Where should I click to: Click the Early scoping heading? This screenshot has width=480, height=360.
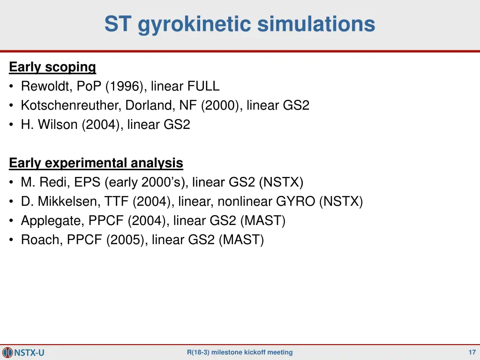pyautogui.click(x=52, y=67)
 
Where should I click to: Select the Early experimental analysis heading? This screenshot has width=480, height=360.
pyautogui.click(x=96, y=163)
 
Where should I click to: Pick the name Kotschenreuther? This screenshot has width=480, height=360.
pyautogui.click(x=71, y=105)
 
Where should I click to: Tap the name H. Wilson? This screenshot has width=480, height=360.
pyautogui.click(x=49, y=125)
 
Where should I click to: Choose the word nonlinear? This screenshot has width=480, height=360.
pyautogui.click(x=244, y=202)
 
